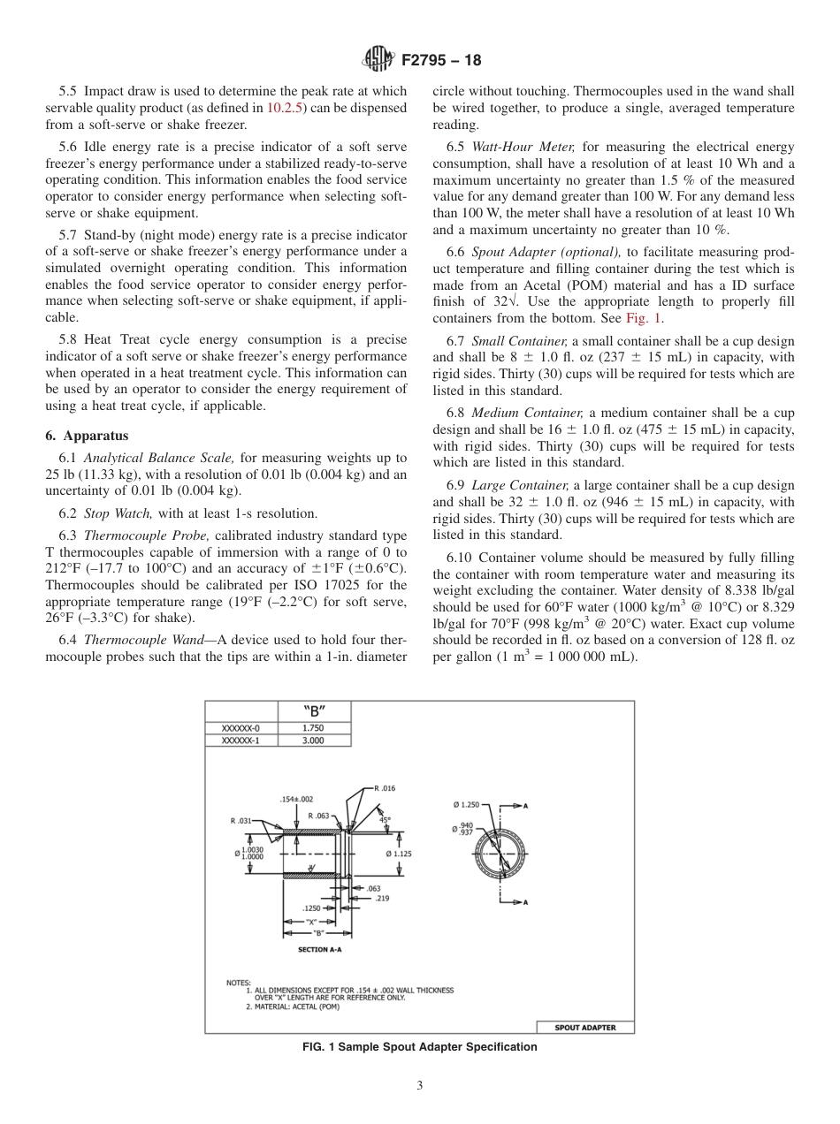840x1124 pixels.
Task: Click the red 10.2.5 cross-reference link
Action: click(x=286, y=108)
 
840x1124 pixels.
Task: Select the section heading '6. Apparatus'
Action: click(x=87, y=436)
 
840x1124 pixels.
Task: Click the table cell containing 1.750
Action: click(x=313, y=728)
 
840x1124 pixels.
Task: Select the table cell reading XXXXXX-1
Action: click(x=241, y=740)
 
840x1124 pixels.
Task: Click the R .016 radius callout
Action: click(x=385, y=787)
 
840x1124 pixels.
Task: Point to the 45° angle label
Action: click(x=385, y=819)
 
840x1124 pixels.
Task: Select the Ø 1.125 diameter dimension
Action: click(x=399, y=854)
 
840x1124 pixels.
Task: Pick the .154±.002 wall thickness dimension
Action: click(x=296, y=799)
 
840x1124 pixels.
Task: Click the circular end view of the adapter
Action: click(x=500, y=853)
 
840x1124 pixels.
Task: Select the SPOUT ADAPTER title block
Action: click(x=584, y=1027)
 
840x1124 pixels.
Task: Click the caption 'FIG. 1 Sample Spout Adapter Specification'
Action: click(x=420, y=1047)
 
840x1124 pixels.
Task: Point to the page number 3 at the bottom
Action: click(x=420, y=1086)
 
